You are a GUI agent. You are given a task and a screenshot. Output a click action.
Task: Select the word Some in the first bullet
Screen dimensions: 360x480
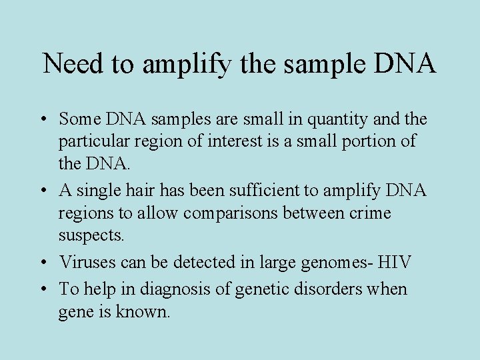(x=78, y=119)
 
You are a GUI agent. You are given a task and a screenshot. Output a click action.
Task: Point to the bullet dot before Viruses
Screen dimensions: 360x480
(x=44, y=263)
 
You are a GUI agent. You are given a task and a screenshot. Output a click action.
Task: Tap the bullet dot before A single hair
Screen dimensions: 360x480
(x=44, y=191)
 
